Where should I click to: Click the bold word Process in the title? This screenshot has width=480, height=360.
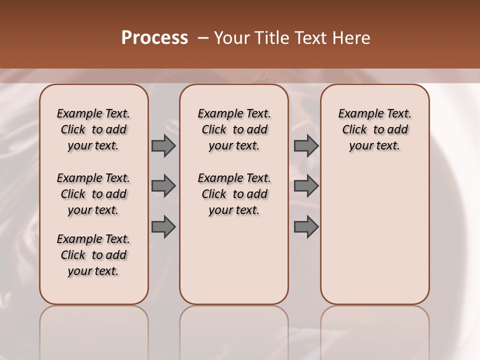pos(154,37)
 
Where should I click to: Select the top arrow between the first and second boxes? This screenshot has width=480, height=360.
pos(163,145)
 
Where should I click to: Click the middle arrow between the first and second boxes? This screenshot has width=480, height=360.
pos(163,186)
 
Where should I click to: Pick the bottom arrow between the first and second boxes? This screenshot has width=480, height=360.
pos(163,226)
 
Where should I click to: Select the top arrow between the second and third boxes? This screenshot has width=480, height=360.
pos(306,145)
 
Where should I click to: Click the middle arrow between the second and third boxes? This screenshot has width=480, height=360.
pos(306,186)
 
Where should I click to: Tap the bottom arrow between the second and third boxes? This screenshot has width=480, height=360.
pos(306,226)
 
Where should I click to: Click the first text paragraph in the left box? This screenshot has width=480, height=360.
pos(93,129)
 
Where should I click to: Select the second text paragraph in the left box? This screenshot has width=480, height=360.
pos(93,194)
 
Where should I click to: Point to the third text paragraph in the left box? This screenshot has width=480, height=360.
pos(93,255)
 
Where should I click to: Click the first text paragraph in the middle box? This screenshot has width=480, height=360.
pos(234,129)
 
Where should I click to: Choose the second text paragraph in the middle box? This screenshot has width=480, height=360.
pos(234,194)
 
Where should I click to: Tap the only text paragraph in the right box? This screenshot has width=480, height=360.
pos(374,129)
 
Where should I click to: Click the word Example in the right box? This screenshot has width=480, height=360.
pos(357,114)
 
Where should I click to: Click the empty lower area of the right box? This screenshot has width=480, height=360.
pos(374,235)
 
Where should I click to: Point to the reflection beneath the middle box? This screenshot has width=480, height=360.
pos(234,330)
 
